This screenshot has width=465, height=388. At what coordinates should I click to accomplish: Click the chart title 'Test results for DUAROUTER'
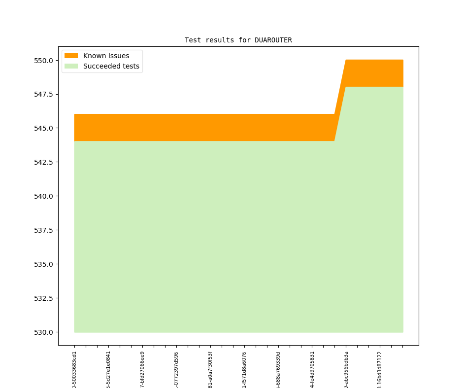click(238, 40)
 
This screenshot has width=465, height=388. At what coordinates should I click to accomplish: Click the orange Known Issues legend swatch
click(71, 56)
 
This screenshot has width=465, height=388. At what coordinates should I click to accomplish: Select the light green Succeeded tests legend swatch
click(71, 66)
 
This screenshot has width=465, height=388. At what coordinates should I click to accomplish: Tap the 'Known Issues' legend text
click(106, 56)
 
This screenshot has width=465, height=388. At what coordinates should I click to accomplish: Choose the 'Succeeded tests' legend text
click(111, 66)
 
